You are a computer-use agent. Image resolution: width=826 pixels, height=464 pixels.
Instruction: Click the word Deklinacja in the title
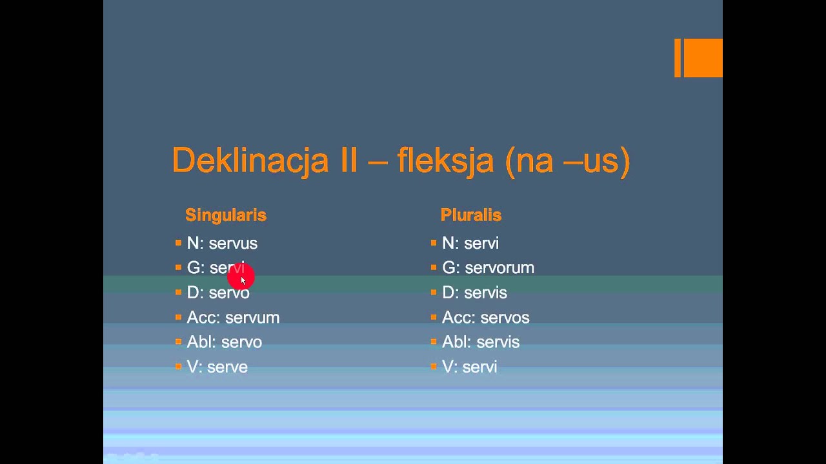pyautogui.click(x=250, y=160)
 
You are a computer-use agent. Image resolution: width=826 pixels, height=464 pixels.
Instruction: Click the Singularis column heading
pyautogui.click(x=226, y=215)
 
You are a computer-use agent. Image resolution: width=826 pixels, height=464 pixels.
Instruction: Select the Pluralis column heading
pyautogui.click(x=471, y=215)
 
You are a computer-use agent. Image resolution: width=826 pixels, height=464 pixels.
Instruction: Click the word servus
pyautogui.click(x=233, y=244)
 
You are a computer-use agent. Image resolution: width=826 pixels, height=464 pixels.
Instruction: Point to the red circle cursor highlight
pyautogui.click(x=241, y=276)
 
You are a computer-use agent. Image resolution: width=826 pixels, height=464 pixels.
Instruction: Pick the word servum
pyautogui.click(x=252, y=318)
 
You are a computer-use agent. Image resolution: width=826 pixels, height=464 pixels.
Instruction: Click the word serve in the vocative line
pyautogui.click(x=228, y=367)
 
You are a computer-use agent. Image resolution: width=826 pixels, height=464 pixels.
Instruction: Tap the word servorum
pyautogui.click(x=499, y=268)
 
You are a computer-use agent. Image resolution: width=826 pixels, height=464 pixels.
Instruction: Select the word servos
pyautogui.click(x=504, y=318)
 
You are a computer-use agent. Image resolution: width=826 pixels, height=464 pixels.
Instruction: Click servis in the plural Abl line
pyautogui.click(x=499, y=342)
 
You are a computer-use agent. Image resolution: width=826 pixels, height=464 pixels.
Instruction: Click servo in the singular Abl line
pyautogui.click(x=241, y=342)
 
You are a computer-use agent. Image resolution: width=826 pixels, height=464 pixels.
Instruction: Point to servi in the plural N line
pyautogui.click(x=481, y=244)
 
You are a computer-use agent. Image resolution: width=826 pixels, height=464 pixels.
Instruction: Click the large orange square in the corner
pyautogui.click(x=703, y=58)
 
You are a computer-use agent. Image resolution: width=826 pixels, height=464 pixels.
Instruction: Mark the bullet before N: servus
pyautogui.click(x=178, y=243)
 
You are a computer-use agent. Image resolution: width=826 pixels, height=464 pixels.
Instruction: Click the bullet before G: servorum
pyautogui.click(x=434, y=267)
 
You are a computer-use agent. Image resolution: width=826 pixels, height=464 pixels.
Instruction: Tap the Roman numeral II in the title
pyautogui.click(x=348, y=160)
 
